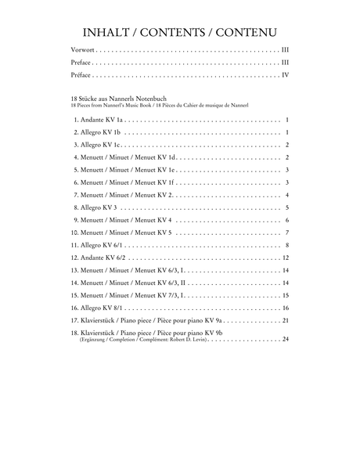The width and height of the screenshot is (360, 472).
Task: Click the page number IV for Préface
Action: (x=286, y=75)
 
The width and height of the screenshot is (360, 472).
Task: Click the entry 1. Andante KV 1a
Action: (x=99, y=120)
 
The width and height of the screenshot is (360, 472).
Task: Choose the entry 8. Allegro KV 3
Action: (x=95, y=207)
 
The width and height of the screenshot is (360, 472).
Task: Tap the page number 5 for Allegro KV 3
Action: (x=288, y=207)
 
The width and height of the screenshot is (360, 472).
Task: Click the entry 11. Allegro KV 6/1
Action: (x=100, y=245)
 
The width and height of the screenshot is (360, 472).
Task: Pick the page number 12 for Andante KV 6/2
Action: (x=286, y=258)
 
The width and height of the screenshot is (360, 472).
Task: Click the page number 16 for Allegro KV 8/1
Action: (x=286, y=308)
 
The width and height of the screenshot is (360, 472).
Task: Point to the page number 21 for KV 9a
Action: (x=286, y=321)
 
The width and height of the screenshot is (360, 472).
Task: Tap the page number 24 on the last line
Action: (x=286, y=339)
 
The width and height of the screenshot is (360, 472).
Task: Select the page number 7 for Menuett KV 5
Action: (x=288, y=232)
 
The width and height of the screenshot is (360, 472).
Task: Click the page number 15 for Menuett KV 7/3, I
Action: (x=286, y=296)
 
